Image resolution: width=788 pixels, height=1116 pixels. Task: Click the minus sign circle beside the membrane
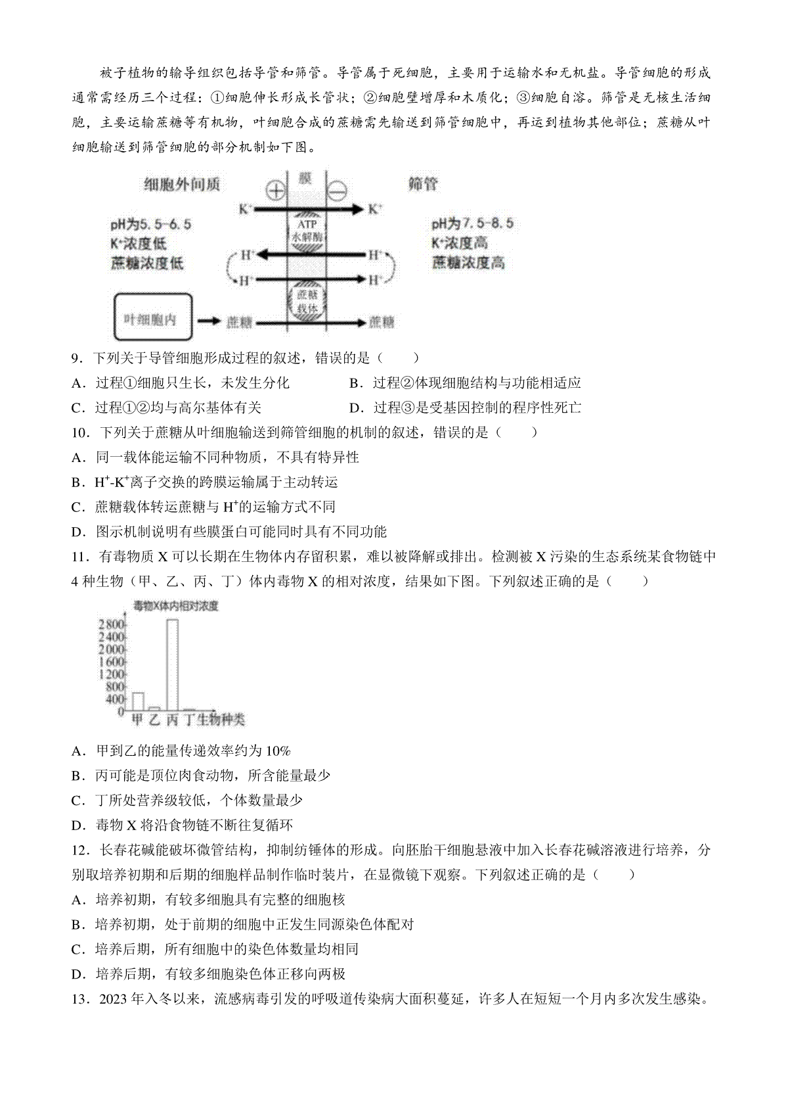[x=338, y=191]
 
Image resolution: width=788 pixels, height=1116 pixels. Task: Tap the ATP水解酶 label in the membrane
[x=307, y=230]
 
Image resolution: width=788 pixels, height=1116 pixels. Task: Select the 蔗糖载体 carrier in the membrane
[x=307, y=300]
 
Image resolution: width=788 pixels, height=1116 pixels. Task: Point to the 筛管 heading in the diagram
[x=422, y=185]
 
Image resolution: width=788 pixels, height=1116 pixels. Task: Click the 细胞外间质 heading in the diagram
[x=181, y=185]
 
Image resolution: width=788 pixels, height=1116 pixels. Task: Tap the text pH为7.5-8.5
[x=472, y=223]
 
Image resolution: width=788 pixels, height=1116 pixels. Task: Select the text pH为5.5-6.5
[x=151, y=224]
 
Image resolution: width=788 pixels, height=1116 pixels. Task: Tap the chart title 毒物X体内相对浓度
[x=175, y=605]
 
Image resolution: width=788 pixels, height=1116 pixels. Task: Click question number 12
[x=79, y=850]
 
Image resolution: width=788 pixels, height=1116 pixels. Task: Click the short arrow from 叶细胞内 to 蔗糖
[x=209, y=321]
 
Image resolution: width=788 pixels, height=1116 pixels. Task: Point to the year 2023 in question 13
[x=114, y=1000]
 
